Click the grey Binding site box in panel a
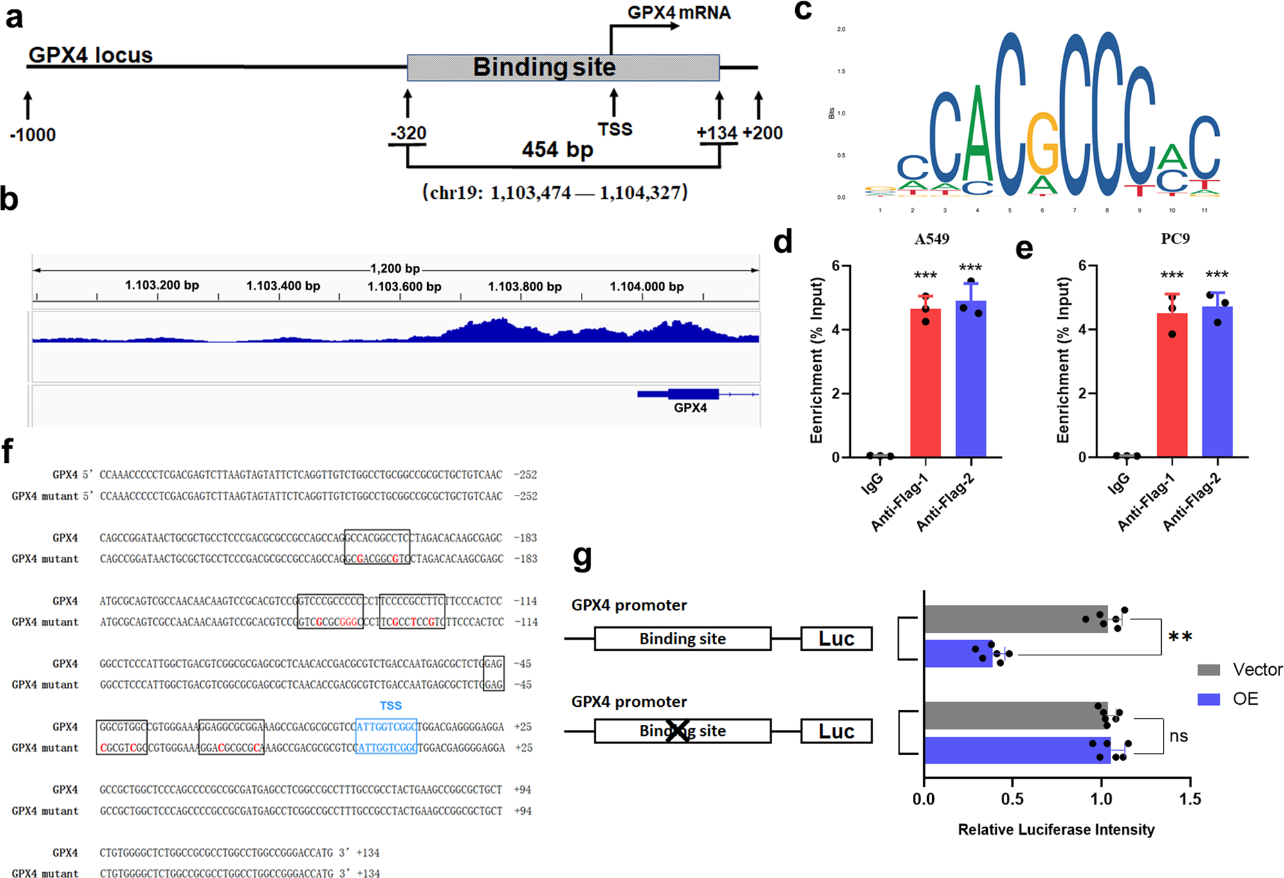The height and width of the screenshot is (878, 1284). (563, 68)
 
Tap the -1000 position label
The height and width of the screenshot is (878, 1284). (33, 135)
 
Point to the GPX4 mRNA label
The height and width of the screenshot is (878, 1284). (679, 13)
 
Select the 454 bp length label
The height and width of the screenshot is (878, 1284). (557, 150)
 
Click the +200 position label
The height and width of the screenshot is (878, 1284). (762, 133)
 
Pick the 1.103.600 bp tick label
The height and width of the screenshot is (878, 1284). (404, 286)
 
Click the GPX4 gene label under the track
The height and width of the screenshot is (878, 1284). (690, 408)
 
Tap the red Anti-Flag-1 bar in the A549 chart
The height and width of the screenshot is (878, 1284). (925, 383)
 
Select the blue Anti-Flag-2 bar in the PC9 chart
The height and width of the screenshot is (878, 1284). (1217, 382)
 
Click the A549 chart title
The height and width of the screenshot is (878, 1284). (931, 239)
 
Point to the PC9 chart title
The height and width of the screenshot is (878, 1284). (1175, 239)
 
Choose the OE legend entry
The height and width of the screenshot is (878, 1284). (1229, 699)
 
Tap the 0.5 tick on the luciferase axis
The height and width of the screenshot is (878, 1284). (1012, 799)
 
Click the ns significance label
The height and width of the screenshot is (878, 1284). (1179, 736)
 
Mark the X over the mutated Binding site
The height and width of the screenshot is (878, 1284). (677, 731)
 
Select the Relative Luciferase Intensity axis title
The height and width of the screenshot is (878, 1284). (1056, 830)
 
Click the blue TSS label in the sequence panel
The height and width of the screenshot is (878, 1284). (390, 706)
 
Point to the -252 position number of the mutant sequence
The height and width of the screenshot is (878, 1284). (526, 496)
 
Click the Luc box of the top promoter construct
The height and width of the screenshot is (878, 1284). (836, 639)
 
